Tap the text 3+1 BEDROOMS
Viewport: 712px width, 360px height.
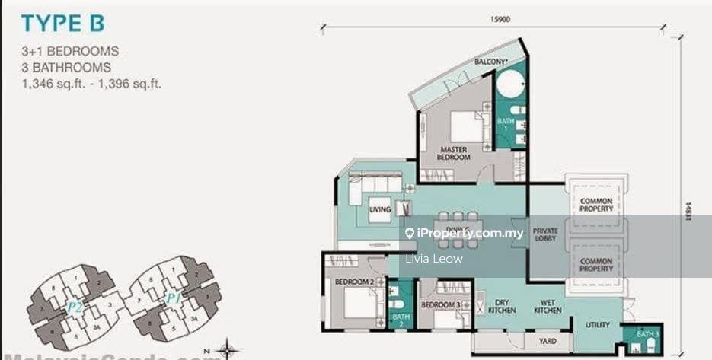click(71, 52)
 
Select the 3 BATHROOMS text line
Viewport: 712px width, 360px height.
click(67, 68)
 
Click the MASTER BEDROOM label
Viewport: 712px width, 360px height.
click(453, 152)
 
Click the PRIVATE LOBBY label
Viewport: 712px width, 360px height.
click(545, 234)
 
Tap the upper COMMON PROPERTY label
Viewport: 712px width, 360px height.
click(595, 205)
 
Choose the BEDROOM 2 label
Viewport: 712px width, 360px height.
click(354, 282)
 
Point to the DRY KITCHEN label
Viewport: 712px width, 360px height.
click(501, 305)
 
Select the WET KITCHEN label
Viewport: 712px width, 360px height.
click(548, 305)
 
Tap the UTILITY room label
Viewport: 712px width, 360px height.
click(598, 325)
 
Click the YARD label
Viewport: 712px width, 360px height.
click(547, 342)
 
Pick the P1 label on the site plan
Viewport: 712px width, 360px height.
click(174, 298)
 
